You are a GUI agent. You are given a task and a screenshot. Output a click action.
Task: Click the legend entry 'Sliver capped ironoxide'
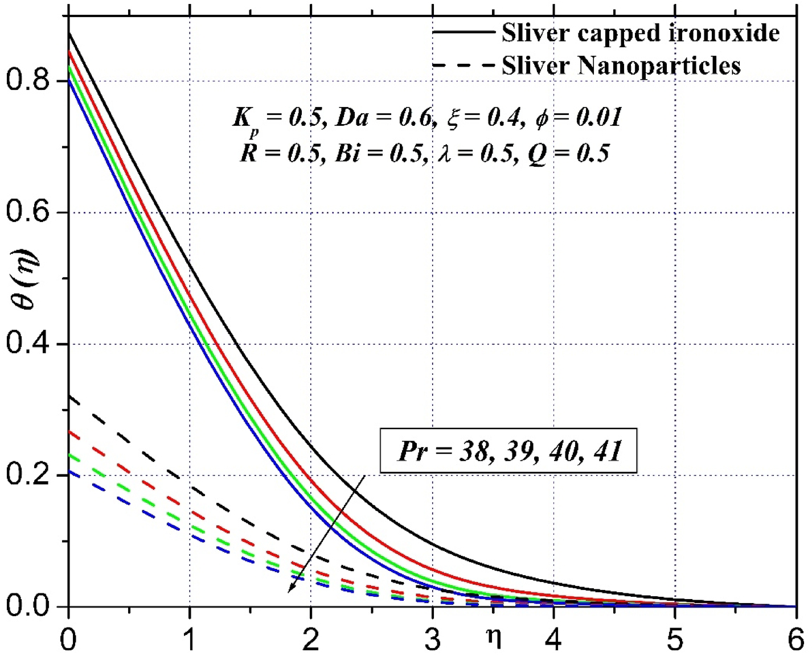point(640,33)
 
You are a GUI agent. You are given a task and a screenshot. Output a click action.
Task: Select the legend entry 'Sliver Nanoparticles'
point(621,65)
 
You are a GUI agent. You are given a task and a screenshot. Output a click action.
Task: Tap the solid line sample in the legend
point(464,32)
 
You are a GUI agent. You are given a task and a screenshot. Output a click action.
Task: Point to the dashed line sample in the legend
point(464,65)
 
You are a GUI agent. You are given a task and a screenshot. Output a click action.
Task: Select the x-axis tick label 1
point(190,640)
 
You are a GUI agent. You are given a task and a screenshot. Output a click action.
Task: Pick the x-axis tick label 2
point(311,640)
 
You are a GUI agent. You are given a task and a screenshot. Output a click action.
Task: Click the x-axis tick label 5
point(675,640)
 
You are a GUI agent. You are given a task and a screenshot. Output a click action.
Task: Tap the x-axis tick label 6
point(795,640)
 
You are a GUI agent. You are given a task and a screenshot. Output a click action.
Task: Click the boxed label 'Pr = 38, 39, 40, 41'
point(508,451)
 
